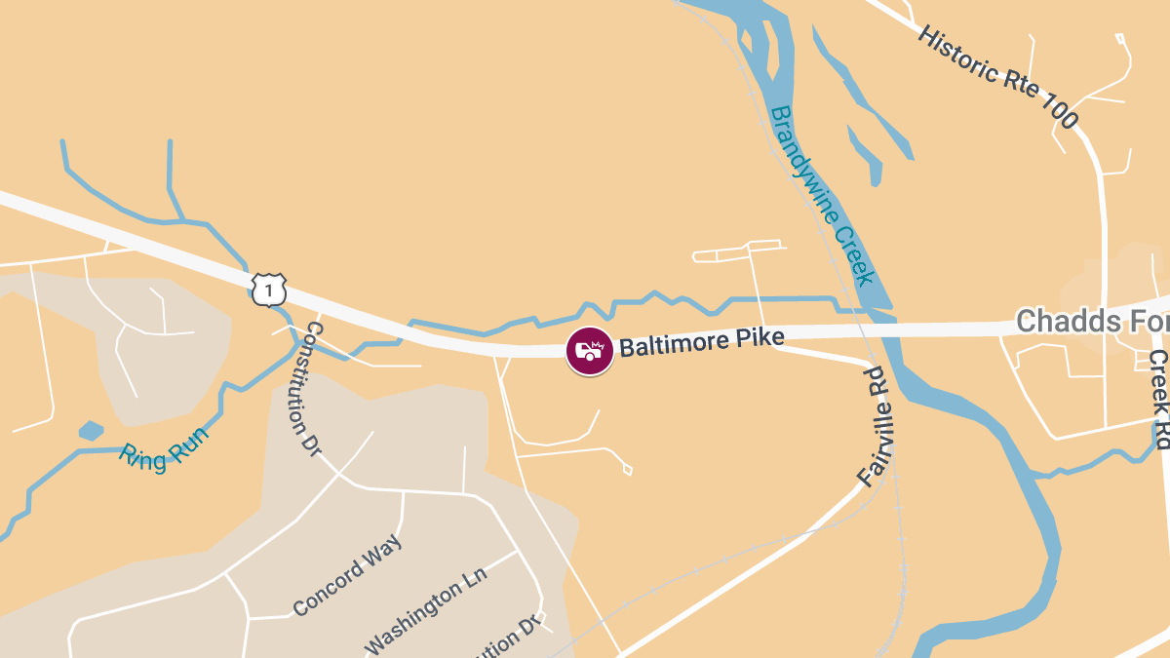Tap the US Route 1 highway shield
pos(269,289)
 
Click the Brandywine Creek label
pos(821,196)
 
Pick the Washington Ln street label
pos(425,617)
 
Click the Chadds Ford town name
pos(1090,320)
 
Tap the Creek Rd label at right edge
pos(1157,400)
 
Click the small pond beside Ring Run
pos(91,430)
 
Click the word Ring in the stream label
pos(139,454)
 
